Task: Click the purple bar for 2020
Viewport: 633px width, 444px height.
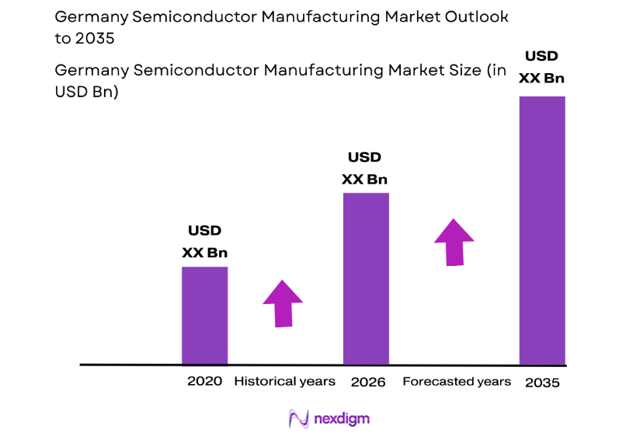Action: [204, 315]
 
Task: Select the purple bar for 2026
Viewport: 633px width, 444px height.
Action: [366, 278]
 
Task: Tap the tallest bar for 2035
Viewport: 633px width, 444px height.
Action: [542, 230]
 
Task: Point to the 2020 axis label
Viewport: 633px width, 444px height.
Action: [204, 381]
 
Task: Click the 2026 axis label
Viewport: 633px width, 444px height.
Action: [368, 382]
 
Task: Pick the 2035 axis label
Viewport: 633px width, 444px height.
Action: [541, 383]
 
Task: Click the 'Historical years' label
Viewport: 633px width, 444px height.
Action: [284, 381]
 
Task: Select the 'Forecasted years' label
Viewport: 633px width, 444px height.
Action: [457, 381]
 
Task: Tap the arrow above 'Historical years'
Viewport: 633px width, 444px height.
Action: [283, 302]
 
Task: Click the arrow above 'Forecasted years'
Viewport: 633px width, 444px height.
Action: [454, 242]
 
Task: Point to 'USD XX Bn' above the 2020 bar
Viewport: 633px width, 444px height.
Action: [204, 241]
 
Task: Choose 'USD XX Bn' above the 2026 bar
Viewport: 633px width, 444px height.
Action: [365, 169]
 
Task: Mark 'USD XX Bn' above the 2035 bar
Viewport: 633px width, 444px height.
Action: [542, 67]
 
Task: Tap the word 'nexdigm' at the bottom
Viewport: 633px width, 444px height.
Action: [342, 419]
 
